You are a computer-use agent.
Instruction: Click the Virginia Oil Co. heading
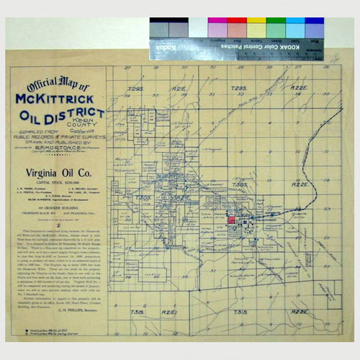pyautogui.click(x=56, y=172)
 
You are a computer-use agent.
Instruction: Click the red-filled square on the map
pyautogui.click(x=233, y=220)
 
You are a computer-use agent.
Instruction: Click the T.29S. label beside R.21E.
pyautogui.click(x=135, y=89)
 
